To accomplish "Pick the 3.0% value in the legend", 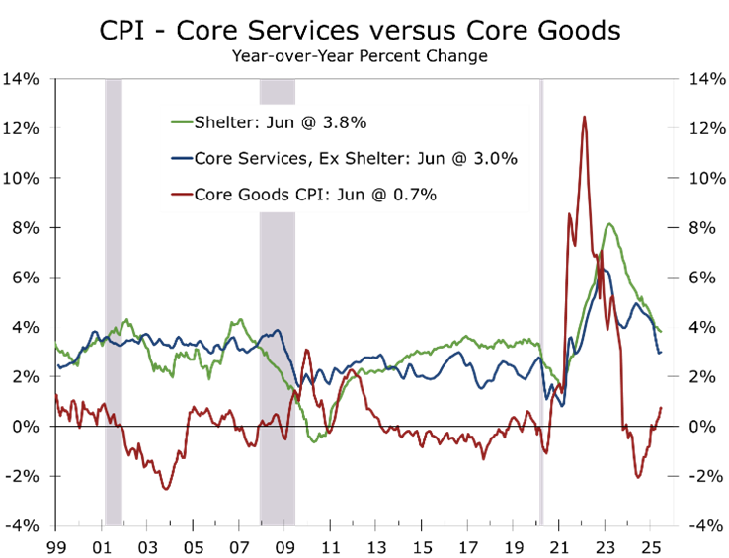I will coord(495,159).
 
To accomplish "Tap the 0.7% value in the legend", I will coord(414,195).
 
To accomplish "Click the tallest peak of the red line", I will coord(585,117).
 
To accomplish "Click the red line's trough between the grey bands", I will coord(166,489).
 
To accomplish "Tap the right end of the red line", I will coord(661,408).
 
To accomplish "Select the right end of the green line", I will coord(661,332).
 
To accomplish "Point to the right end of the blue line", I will coord(660,353).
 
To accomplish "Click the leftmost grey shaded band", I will coord(114,296).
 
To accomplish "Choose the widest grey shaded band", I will coord(277,296).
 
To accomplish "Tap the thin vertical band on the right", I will coord(541,296).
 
